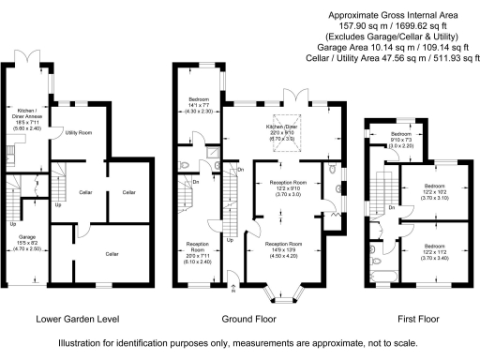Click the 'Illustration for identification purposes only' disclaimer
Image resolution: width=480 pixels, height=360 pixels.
pos(239,343)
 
